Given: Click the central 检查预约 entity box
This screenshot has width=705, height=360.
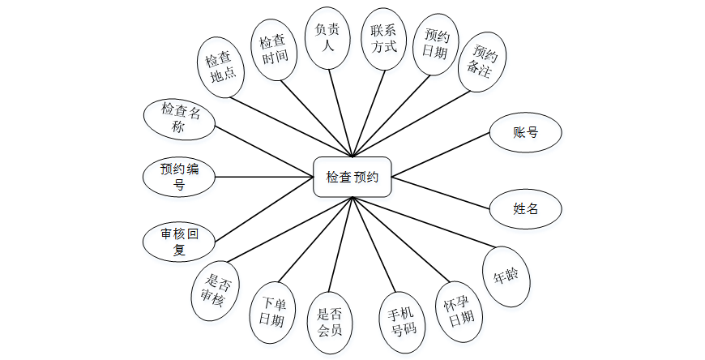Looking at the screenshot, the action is (352, 177).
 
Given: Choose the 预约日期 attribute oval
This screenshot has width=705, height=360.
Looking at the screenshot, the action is (436, 43).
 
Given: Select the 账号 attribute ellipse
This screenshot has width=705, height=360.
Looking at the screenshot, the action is (526, 133).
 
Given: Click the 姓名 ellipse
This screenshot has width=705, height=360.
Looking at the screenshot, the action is (526, 208).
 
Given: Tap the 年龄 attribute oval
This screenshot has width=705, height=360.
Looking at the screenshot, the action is (506, 276).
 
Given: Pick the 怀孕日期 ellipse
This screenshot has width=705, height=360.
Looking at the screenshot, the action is (459, 311).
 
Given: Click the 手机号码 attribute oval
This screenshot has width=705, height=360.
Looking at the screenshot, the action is (404, 320).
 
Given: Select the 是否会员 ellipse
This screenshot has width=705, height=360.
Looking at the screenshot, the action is (331, 322).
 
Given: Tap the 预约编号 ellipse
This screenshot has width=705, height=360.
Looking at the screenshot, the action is (179, 177).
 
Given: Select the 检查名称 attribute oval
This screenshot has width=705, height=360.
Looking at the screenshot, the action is (179, 118).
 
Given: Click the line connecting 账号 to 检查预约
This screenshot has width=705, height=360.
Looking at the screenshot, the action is (442, 153).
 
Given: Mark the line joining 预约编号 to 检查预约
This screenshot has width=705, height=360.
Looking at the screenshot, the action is (264, 177).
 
